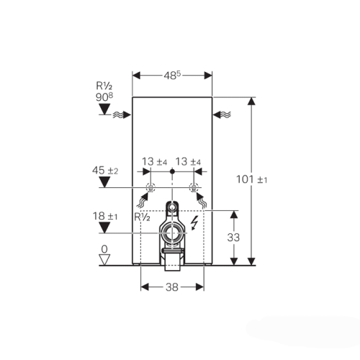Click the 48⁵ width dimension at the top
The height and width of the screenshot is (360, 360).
[172, 76]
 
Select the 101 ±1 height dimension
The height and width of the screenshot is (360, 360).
[251, 179]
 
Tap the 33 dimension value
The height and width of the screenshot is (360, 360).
[233, 238]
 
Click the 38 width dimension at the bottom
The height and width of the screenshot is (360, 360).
[172, 287]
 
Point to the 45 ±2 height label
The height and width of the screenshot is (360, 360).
[105, 171]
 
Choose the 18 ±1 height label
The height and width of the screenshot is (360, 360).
[105, 216]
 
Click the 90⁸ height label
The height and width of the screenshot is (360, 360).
[104, 97]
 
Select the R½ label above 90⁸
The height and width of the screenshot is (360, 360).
[104, 86]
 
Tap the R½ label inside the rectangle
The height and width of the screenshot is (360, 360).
[142, 217]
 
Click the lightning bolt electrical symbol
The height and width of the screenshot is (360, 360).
[194, 222]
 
